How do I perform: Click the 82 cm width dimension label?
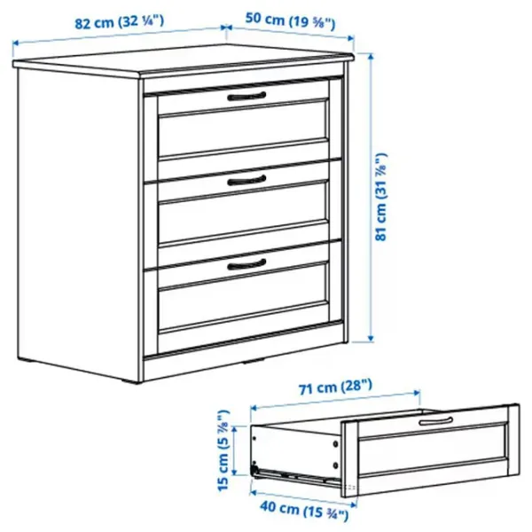pos(119,22)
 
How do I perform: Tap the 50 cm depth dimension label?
pos(291,21)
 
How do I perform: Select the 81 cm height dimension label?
pos(381,197)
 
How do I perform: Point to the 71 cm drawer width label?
pos(335,387)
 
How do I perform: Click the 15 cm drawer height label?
pos(223,450)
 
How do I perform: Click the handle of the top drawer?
pos(246,97)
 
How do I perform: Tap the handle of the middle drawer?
pos(246,180)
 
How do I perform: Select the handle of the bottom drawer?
pos(246,264)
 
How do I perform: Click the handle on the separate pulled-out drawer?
pos(435,421)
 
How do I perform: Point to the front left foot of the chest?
pos(133,381)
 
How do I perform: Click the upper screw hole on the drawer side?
pos(335,443)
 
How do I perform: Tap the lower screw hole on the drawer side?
pos(335,465)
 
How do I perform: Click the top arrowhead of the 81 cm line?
pos(371,57)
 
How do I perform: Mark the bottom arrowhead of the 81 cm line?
pos(371,338)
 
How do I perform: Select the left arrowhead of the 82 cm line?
pos(15,43)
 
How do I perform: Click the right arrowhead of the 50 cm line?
pos(351,38)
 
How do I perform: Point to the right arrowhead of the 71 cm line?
pos(417,393)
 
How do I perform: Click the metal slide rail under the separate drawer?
pos(297,475)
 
